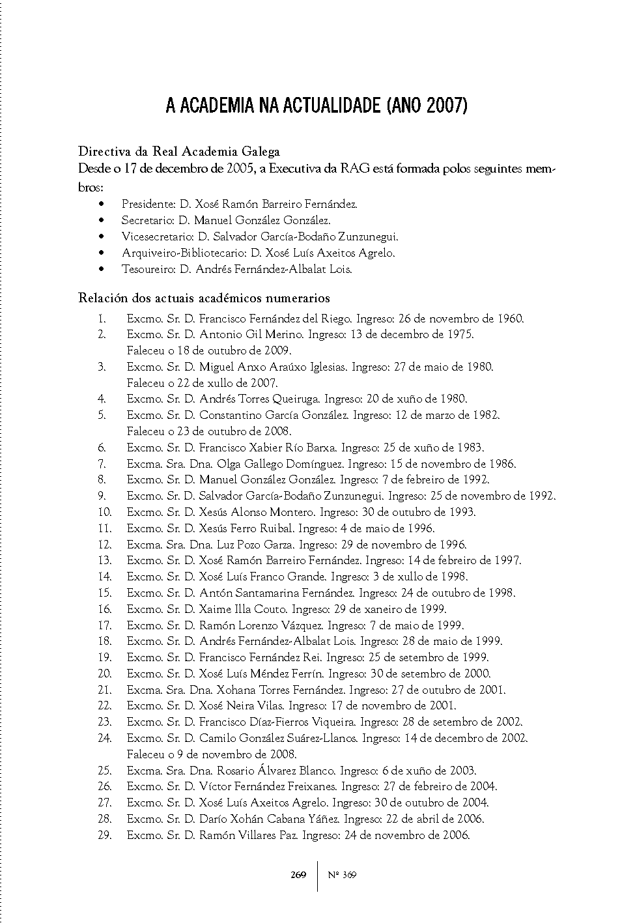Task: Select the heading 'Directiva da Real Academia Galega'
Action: [179, 152]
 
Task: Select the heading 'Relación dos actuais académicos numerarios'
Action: [204, 298]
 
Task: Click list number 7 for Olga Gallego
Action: [102, 464]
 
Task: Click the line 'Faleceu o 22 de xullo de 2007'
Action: [203, 383]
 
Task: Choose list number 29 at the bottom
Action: [104, 835]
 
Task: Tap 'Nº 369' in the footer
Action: [342, 875]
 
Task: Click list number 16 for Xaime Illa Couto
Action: [104, 609]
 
